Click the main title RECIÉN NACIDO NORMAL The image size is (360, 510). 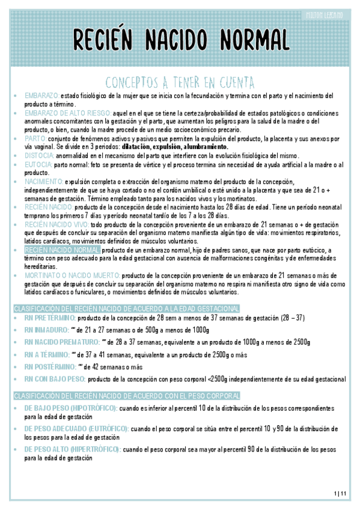click(x=180, y=40)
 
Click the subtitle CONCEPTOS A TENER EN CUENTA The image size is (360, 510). click(x=180, y=81)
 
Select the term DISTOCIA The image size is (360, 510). click(x=38, y=155)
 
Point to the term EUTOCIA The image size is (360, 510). click(x=38, y=164)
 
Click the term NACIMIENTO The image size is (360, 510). click(x=43, y=181)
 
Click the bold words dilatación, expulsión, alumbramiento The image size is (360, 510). click(x=174, y=146)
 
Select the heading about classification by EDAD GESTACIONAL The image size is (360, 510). click(x=126, y=308)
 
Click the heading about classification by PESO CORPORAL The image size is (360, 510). click(x=126, y=396)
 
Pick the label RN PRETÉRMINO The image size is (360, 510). click(x=50, y=318)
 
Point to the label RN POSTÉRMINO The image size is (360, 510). click(x=50, y=366)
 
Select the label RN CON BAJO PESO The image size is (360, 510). click(x=54, y=379)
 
